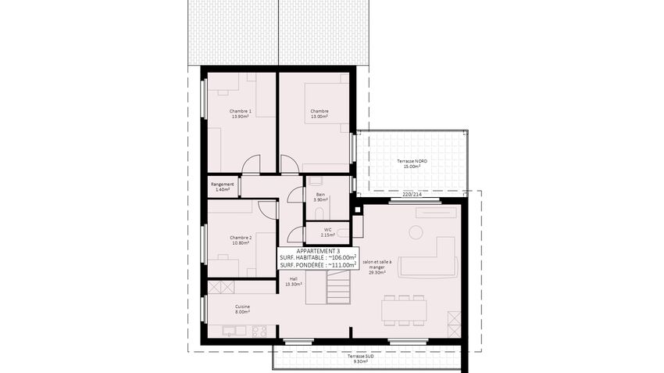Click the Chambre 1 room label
click(241, 111)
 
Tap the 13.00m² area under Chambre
click(320, 117)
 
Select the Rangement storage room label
click(223, 185)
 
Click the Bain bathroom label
click(320, 194)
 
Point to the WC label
click(328, 230)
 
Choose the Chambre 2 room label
click(241, 238)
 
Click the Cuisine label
click(243, 307)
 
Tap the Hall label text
click(294, 279)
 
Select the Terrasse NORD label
click(412, 161)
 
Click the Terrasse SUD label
click(361, 357)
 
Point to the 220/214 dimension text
click(412, 195)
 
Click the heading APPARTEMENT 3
click(318, 251)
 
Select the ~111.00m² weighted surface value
click(342, 265)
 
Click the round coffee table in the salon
click(416, 231)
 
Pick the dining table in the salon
click(404, 310)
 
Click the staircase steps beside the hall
click(338, 288)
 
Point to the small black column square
click(358, 210)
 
